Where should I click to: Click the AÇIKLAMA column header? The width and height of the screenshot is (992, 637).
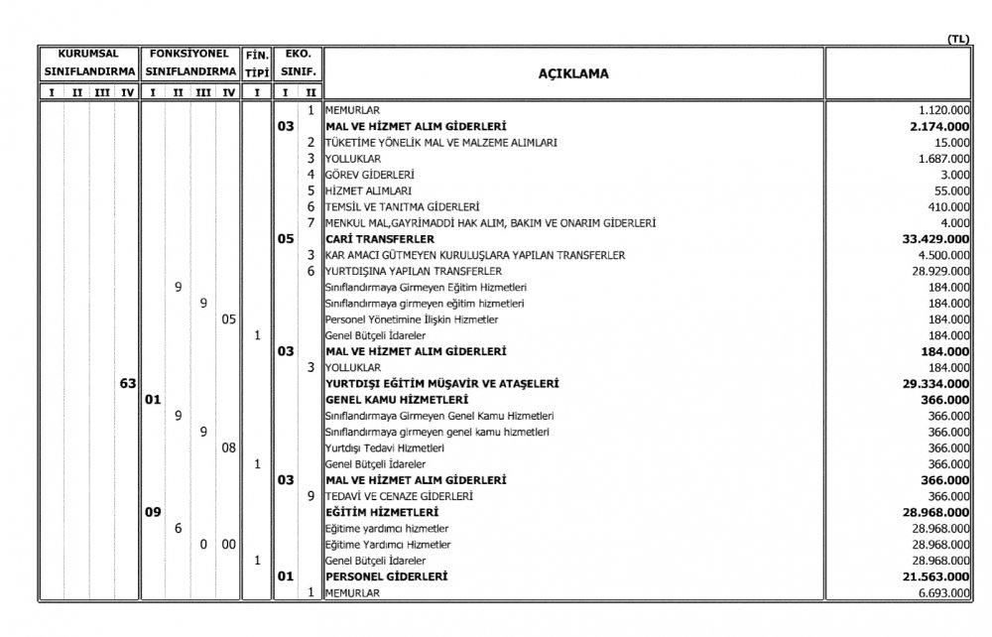pyautogui.click(x=573, y=73)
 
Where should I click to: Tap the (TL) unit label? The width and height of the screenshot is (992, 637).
pyautogui.click(x=957, y=39)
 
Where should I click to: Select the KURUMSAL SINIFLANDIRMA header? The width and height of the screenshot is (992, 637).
pyautogui.click(x=87, y=64)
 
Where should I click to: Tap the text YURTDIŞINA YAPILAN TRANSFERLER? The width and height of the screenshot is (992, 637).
pyautogui.click(x=413, y=271)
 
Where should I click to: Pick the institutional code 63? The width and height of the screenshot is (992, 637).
pyautogui.click(x=127, y=383)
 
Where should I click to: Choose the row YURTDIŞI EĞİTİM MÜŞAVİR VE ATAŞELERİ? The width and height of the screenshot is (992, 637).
pyautogui.click(x=441, y=383)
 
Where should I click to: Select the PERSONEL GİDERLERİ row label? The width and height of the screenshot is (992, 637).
pyautogui.click(x=386, y=575)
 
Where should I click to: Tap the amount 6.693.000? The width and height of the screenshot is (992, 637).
pyautogui.click(x=942, y=592)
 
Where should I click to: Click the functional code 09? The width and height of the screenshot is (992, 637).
pyautogui.click(x=153, y=512)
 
